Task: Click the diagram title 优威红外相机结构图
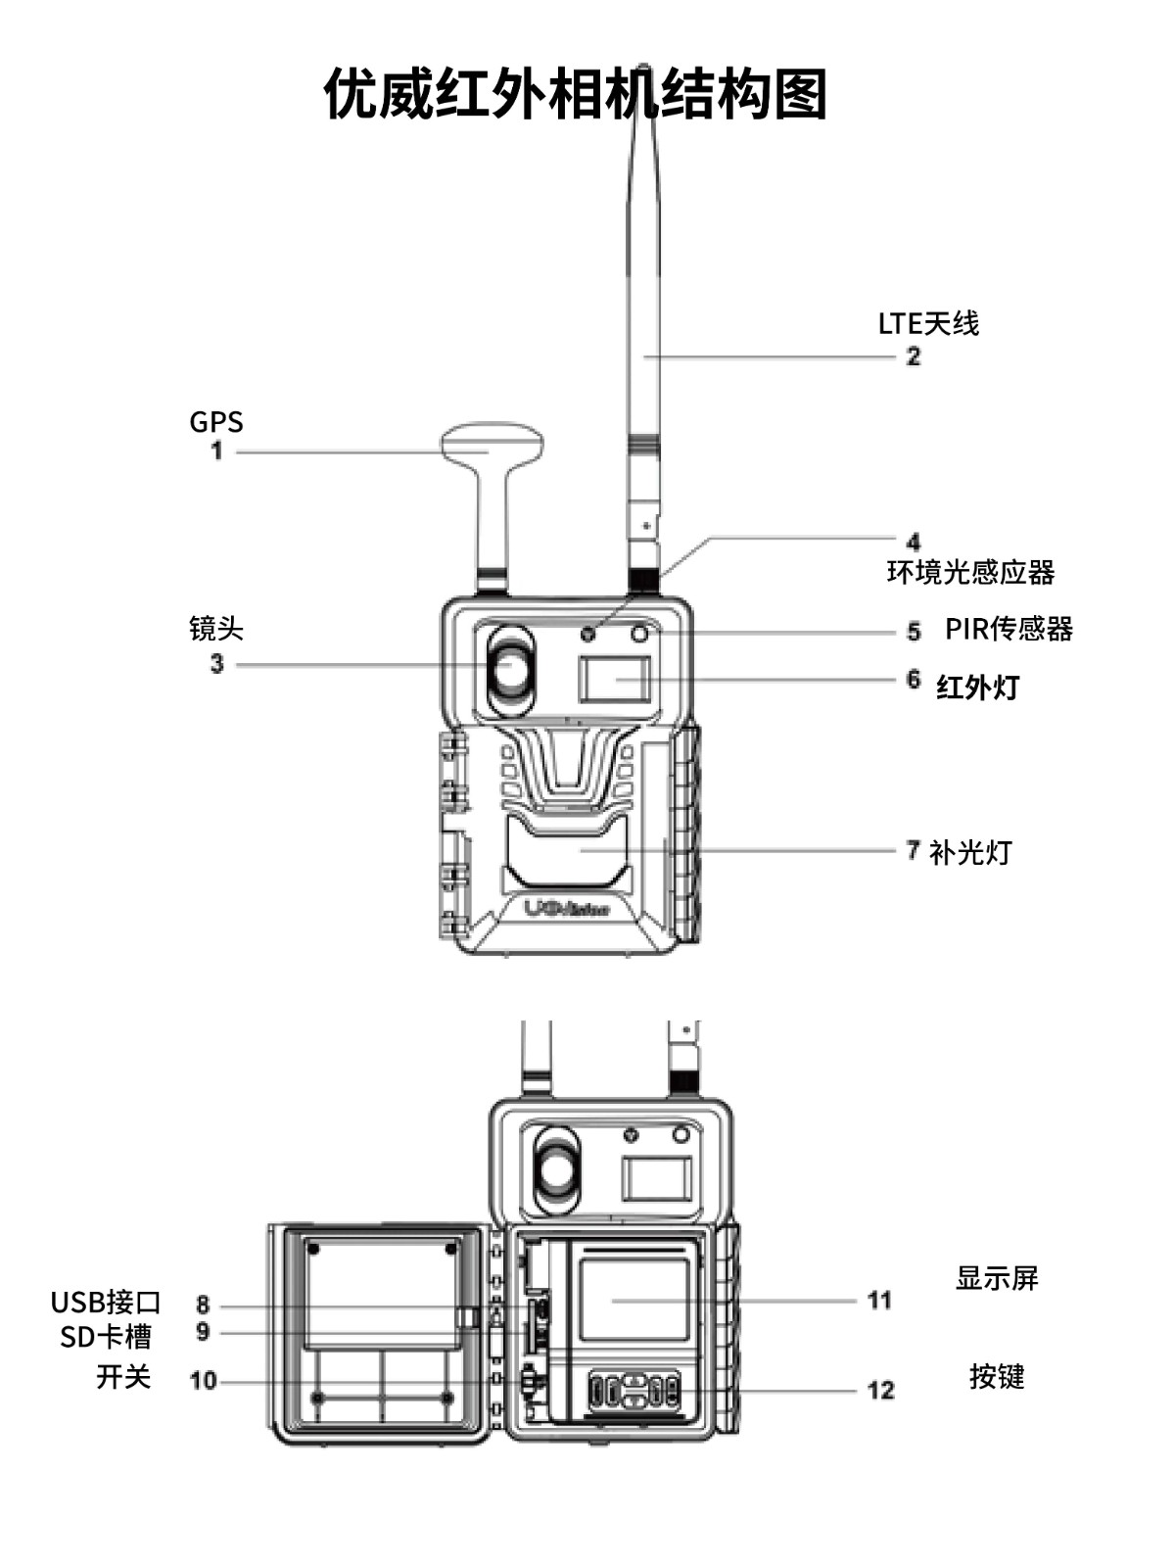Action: click(576, 94)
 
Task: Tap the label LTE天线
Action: click(927, 323)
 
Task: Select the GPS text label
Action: click(215, 422)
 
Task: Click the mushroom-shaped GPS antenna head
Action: click(492, 444)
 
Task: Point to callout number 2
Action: click(913, 356)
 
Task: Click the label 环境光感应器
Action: click(970, 572)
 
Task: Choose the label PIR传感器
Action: click(1009, 629)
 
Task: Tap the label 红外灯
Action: click(977, 687)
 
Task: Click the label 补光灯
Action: click(969, 852)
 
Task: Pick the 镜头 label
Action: click(215, 628)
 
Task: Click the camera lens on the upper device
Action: click(510, 669)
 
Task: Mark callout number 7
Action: click(913, 850)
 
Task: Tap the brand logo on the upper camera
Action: click(566, 909)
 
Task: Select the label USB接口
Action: click(106, 1303)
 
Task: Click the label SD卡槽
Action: click(106, 1337)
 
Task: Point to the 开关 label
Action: click(123, 1377)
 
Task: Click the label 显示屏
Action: click(996, 1278)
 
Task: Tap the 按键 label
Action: click(996, 1376)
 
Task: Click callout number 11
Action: click(879, 1301)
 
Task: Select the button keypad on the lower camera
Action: click(634, 1390)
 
